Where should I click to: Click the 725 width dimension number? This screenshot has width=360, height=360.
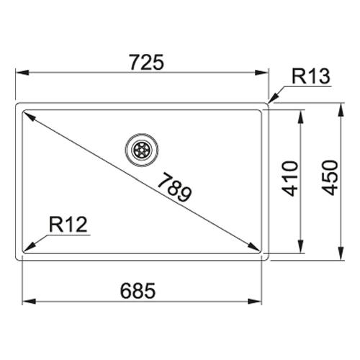tap(147, 62)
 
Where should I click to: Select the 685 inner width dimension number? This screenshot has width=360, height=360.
tap(138, 291)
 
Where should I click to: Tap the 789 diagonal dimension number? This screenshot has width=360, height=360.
tap(175, 187)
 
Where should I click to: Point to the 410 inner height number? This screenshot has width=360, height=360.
tap(290, 179)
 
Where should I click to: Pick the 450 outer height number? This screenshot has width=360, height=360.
tap(330, 178)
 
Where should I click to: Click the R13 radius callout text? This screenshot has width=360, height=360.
tap(311, 76)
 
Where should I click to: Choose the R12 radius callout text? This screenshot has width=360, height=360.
tap(68, 225)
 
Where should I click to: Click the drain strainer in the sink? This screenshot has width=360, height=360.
tap(142, 150)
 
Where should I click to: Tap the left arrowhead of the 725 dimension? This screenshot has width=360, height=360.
tap(22, 73)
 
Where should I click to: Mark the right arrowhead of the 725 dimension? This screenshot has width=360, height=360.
tap(261, 73)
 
